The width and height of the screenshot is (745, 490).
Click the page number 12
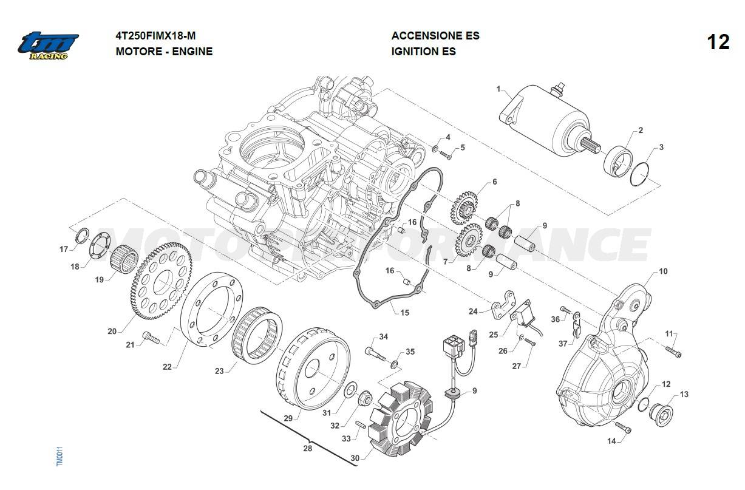tap(718, 43)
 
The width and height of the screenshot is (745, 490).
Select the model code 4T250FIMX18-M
tap(155, 36)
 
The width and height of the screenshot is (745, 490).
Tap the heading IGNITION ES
tap(423, 52)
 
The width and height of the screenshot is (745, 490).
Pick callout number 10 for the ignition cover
tap(663, 271)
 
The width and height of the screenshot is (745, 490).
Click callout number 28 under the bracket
tap(308, 449)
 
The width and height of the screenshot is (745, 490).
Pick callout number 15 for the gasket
tap(405, 313)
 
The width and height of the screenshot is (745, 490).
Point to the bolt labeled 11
tap(673, 351)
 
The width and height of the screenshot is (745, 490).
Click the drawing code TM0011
tap(59, 457)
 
